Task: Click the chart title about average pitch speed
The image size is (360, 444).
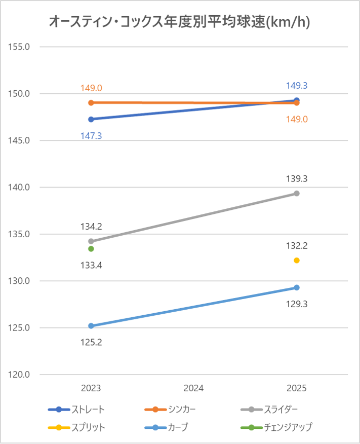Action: point(180,22)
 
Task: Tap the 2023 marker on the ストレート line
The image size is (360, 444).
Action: point(91,119)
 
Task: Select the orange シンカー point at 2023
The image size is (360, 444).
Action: point(91,102)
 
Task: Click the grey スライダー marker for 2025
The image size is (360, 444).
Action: point(297,193)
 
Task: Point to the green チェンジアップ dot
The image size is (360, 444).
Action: point(91,249)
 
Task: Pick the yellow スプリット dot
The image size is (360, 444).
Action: point(297,260)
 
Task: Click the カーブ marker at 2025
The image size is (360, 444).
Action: point(297,287)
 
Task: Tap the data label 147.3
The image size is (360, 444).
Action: point(91,136)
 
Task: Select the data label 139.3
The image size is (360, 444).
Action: point(297,178)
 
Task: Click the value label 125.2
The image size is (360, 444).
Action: point(91,343)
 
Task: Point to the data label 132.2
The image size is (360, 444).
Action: point(297,245)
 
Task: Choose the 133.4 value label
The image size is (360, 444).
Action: point(91,265)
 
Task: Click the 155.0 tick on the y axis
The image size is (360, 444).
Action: point(20,47)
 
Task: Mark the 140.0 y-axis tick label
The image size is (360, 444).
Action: point(20,187)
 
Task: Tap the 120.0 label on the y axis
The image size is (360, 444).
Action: point(20,375)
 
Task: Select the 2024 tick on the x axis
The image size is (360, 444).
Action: point(194,388)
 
